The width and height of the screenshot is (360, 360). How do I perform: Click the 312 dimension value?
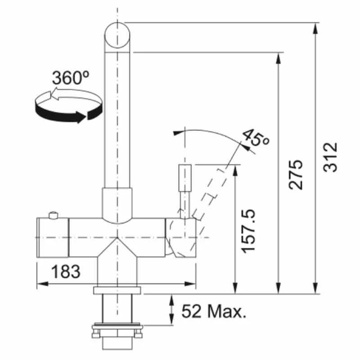[x=330, y=157]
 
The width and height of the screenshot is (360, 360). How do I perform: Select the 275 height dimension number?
[x=296, y=175]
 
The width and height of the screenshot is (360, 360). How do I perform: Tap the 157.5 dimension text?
[x=249, y=231]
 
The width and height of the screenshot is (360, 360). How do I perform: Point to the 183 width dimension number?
[x=66, y=271]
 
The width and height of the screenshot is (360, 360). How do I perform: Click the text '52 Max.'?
[x=214, y=311]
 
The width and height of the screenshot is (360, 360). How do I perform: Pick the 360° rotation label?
[x=71, y=78]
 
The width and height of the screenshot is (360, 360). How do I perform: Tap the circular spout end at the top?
[x=117, y=36]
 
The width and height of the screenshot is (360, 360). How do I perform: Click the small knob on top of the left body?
[x=54, y=215]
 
